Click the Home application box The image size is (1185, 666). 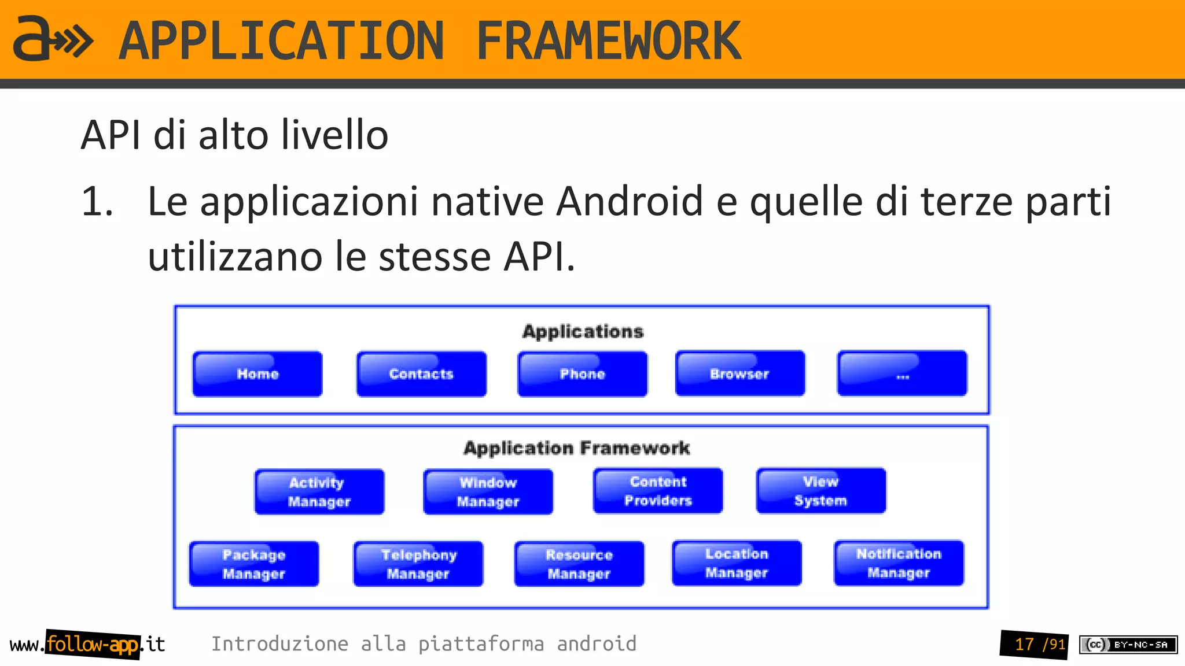(257, 374)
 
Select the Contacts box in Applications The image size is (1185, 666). (421, 374)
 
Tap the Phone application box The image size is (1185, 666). (582, 374)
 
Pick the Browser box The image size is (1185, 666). (739, 373)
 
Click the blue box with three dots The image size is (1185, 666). (901, 373)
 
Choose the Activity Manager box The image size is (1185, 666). (319, 492)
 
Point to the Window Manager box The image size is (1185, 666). (488, 492)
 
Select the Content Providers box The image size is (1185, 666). (658, 491)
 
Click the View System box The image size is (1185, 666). (820, 491)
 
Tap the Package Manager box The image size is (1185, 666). (254, 564)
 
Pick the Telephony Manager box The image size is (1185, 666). (418, 564)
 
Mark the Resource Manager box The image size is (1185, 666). (579, 564)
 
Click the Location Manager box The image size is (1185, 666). (737, 563)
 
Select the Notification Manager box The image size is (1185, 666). (899, 563)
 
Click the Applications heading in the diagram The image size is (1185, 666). (583, 331)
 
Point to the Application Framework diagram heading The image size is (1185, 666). (576, 448)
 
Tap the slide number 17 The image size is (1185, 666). (1024, 644)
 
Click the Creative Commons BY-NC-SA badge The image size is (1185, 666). (1128, 645)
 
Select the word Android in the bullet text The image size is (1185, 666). (630, 202)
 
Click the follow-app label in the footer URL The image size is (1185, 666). (93, 644)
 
